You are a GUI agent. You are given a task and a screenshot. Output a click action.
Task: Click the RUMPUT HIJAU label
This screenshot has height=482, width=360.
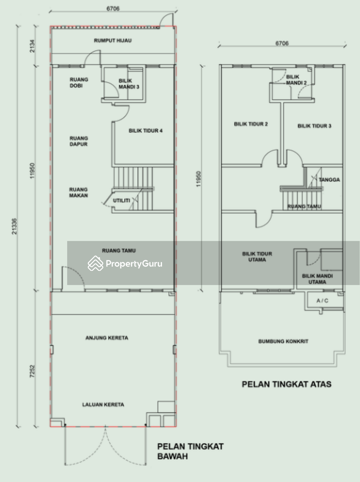click(x=113, y=40)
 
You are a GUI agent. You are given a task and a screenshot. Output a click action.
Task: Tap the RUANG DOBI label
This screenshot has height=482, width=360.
click(x=79, y=83)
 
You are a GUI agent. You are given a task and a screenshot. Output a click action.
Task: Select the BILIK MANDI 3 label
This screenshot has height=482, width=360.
click(x=129, y=84)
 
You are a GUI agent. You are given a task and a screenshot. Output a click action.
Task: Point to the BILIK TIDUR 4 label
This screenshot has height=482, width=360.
click(x=145, y=131)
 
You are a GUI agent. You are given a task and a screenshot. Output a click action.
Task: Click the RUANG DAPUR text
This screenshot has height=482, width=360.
click(x=79, y=141)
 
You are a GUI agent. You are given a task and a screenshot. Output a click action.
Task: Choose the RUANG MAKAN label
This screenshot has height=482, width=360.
click(x=78, y=192)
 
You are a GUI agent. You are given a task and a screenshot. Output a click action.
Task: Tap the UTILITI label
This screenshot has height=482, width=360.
click(x=122, y=201)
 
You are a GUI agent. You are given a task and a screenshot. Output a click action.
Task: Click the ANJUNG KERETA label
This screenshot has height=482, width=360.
click(x=107, y=338)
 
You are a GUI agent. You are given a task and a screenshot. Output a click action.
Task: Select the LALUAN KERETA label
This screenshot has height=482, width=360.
click(x=103, y=405)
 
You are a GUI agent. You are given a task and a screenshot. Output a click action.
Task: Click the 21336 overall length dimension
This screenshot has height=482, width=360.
click(x=14, y=226)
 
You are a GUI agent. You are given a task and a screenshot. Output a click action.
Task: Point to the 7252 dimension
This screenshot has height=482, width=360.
click(x=32, y=371)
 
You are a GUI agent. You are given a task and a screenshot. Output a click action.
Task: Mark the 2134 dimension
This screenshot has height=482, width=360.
click(x=32, y=46)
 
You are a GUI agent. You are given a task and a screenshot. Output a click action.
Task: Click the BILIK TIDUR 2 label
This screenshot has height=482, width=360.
click(x=251, y=124)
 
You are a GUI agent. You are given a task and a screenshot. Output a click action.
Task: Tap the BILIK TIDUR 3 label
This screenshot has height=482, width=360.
click(x=314, y=126)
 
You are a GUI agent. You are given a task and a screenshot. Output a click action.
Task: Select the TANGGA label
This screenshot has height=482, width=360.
click(x=329, y=180)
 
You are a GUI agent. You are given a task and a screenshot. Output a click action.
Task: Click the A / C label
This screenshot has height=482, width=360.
click(x=322, y=301)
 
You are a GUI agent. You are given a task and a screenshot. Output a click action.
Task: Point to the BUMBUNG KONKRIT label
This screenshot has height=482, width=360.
click(x=283, y=341)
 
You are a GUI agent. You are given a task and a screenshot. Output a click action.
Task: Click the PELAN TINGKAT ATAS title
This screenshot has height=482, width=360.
click(x=287, y=384)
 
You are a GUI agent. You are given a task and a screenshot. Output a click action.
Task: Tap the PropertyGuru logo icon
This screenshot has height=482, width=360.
click(x=95, y=263)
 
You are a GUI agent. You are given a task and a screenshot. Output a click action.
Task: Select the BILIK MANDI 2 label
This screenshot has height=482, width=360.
click(x=296, y=80)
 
